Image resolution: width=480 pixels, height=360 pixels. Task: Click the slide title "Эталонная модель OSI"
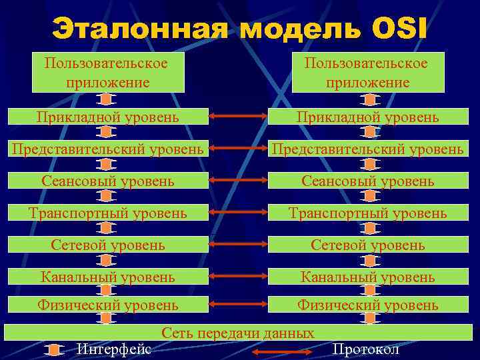point(240,31)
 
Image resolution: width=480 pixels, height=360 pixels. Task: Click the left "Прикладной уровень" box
point(108,117)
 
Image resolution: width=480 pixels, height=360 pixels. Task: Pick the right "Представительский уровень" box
point(368,149)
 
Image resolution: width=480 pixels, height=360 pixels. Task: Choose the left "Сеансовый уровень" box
point(108,181)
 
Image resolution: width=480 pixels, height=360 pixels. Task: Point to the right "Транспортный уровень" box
point(368,213)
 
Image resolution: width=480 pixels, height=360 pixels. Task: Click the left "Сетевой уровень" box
point(108,245)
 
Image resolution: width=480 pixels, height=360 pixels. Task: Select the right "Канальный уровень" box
point(368,276)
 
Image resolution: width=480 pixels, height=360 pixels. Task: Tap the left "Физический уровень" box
point(108,305)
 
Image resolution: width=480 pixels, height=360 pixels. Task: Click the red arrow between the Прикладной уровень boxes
point(237,117)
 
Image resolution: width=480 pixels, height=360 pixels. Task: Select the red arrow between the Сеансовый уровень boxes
point(237,181)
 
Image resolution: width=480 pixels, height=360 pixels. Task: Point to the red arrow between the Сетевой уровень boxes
point(237,245)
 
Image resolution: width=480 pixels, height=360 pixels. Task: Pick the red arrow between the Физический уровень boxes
point(237,305)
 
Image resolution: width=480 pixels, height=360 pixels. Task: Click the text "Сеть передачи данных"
point(238,333)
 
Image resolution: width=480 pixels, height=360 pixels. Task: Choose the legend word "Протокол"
point(365,349)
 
